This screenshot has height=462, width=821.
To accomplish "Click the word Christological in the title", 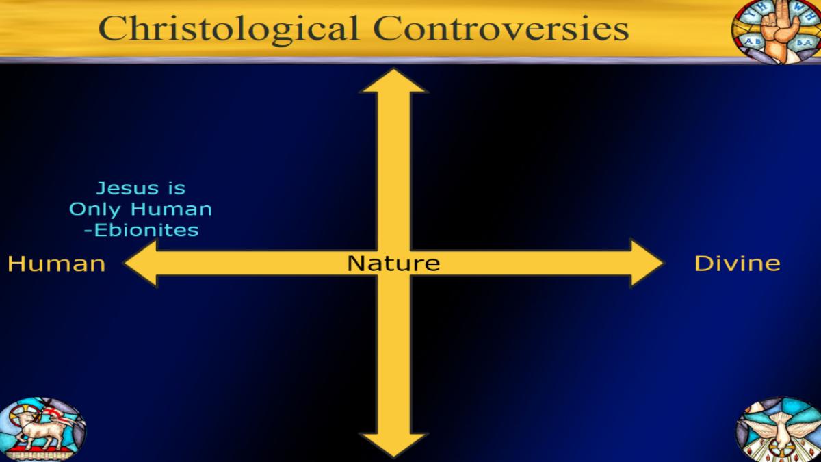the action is click(x=229, y=29).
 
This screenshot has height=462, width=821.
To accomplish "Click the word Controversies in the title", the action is click(x=501, y=29).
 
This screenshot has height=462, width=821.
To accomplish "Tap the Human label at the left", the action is click(x=56, y=264).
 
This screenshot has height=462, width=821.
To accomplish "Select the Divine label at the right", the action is click(x=738, y=264).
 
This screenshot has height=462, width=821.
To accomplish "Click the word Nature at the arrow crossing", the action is click(x=393, y=264).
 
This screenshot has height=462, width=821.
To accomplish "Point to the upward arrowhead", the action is click(x=393, y=81).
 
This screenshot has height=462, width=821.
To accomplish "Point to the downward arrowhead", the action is click(x=393, y=445).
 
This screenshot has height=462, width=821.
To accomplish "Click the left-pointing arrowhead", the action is click(x=141, y=263).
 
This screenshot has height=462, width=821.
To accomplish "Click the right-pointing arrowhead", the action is click(x=647, y=263).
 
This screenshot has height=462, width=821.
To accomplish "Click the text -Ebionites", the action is click(x=142, y=231).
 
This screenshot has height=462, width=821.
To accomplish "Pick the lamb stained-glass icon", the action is click(x=42, y=429).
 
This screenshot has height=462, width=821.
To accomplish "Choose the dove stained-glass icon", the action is click(x=778, y=429).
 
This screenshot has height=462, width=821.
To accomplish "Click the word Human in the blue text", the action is click(x=172, y=209).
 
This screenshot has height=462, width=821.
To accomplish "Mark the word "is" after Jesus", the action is click(x=177, y=188).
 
